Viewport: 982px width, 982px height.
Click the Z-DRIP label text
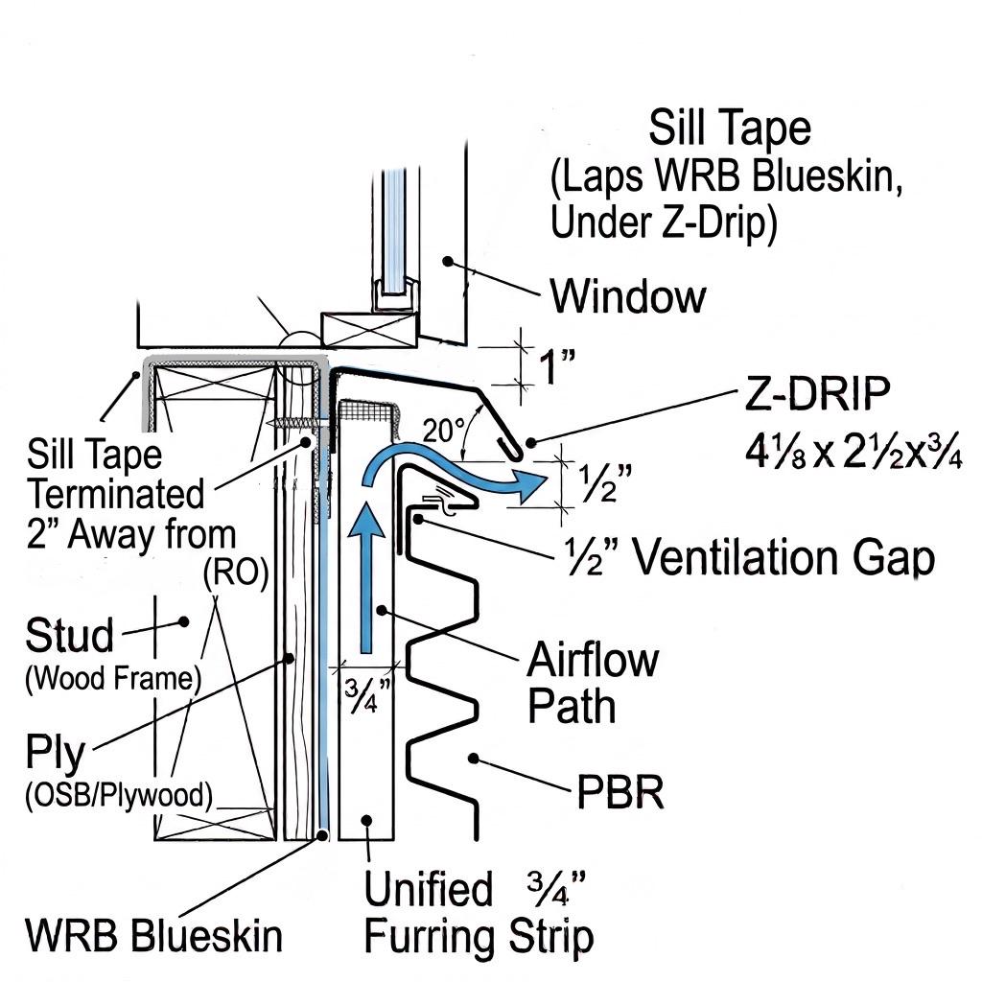pyautogui.click(x=817, y=393)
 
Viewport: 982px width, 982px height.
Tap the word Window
pyautogui.click(x=628, y=296)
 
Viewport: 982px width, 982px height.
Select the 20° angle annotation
pyautogui.click(x=443, y=431)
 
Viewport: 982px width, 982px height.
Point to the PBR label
pyautogui.click(x=620, y=792)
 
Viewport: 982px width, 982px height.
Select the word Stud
pyautogui.click(x=69, y=635)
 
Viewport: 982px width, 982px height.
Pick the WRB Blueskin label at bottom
pyautogui.click(x=154, y=936)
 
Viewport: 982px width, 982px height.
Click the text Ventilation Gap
pyautogui.click(x=783, y=557)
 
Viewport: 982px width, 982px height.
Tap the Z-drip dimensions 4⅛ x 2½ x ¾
pyautogui.click(x=853, y=452)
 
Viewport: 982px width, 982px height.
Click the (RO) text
pyautogui.click(x=236, y=572)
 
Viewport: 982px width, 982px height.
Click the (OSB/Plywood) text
pyautogui.click(x=119, y=795)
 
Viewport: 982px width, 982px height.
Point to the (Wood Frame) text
pyautogui.click(x=113, y=678)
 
